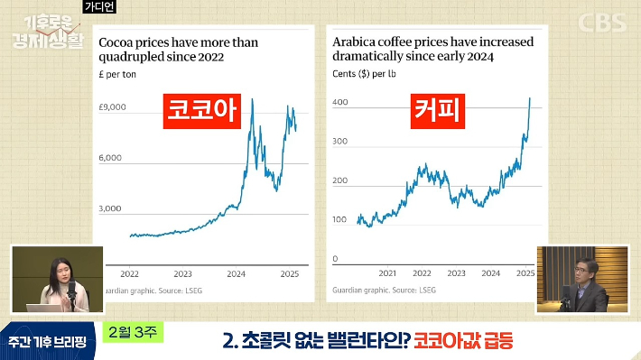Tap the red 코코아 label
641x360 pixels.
pyautogui.click(x=199, y=111)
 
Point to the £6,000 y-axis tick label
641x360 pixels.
pyautogui.click(x=111, y=158)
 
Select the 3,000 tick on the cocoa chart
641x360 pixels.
pyautogui.click(x=111, y=208)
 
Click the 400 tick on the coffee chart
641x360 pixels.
pyautogui.click(x=340, y=103)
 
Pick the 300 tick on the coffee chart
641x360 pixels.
pyautogui.click(x=340, y=143)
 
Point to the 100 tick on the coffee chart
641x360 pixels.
pyautogui.click(x=340, y=220)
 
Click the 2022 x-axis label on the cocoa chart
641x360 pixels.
pyautogui.click(x=129, y=273)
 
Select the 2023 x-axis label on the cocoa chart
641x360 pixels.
pyautogui.click(x=182, y=273)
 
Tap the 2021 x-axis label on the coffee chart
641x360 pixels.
pyautogui.click(x=388, y=272)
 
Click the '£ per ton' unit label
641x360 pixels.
pyautogui.click(x=117, y=74)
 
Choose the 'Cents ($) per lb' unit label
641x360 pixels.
pyautogui.click(x=366, y=74)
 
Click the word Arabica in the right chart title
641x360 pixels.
pyautogui.click(x=356, y=42)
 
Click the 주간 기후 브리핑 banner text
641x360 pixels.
pyautogui.click(x=47, y=341)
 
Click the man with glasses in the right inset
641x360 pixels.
pyautogui.click(x=580, y=282)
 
